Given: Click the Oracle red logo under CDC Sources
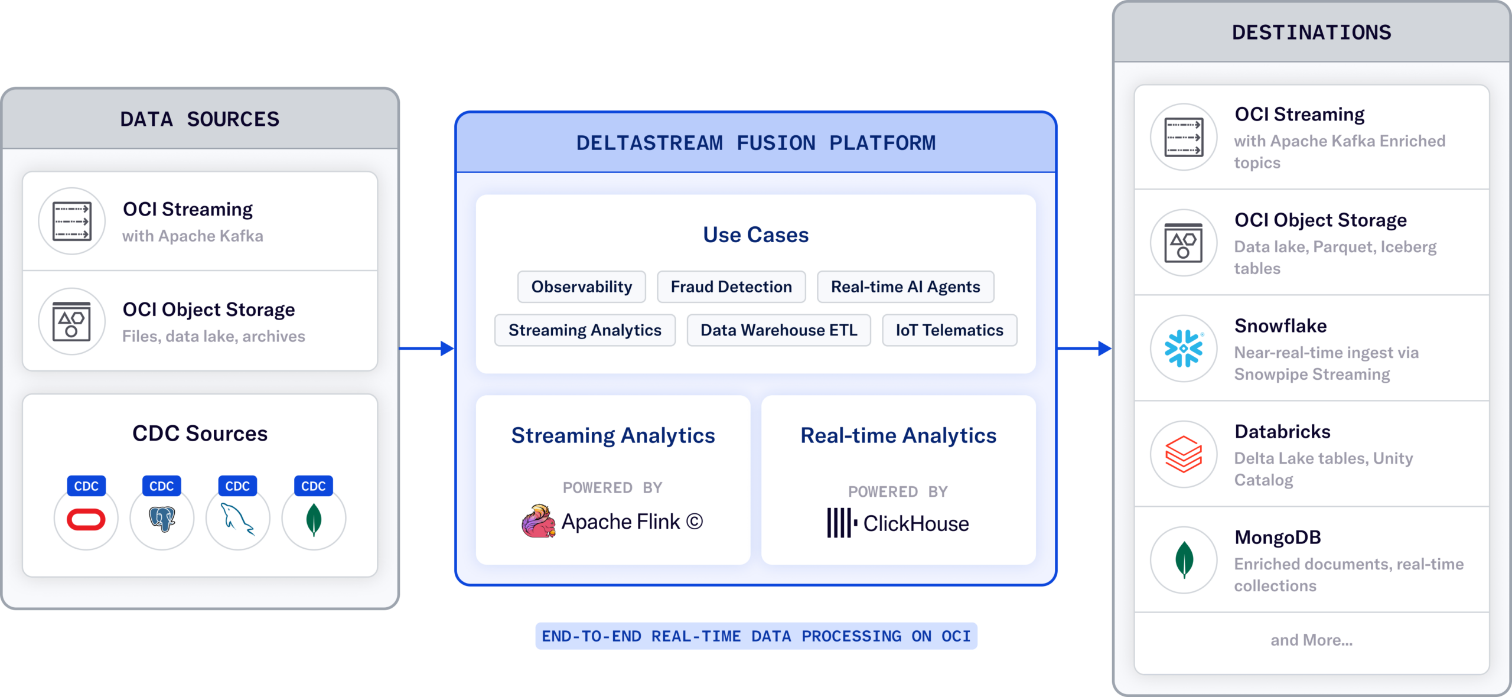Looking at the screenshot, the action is (x=86, y=519).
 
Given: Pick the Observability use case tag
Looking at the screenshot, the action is (x=582, y=287).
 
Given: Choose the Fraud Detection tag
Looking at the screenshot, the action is (x=731, y=287).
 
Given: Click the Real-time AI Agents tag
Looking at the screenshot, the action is (x=905, y=287).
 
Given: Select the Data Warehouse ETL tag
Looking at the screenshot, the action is (x=779, y=330).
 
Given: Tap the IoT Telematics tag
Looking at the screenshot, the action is (x=950, y=330).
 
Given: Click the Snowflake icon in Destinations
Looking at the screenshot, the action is (x=1184, y=348).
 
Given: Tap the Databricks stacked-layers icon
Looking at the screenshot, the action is (x=1184, y=454).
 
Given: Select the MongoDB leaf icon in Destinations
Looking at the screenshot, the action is (x=1184, y=560).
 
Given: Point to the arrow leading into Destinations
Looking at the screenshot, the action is (x=1084, y=348).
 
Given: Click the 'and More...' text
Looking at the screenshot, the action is (x=1312, y=640).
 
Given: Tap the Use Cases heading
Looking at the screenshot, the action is (x=756, y=235).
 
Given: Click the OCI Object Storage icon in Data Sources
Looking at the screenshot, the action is (x=71, y=321).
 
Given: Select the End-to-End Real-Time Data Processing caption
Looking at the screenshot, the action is (x=756, y=636).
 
